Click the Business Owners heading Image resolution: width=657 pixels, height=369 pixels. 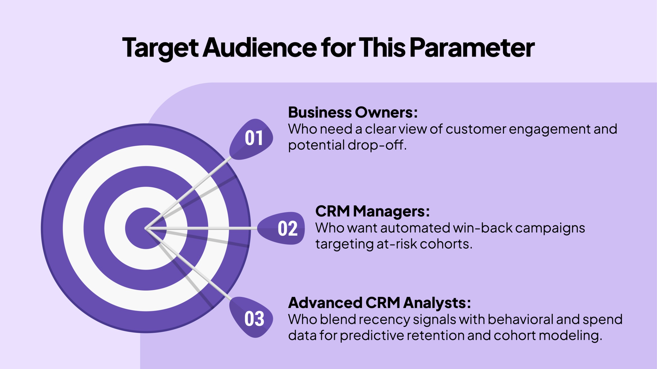click(353, 113)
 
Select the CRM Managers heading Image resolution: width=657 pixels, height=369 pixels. click(372, 212)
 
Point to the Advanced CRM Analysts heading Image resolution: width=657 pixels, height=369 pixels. click(380, 303)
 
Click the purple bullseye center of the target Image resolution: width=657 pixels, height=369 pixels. click(146, 228)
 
